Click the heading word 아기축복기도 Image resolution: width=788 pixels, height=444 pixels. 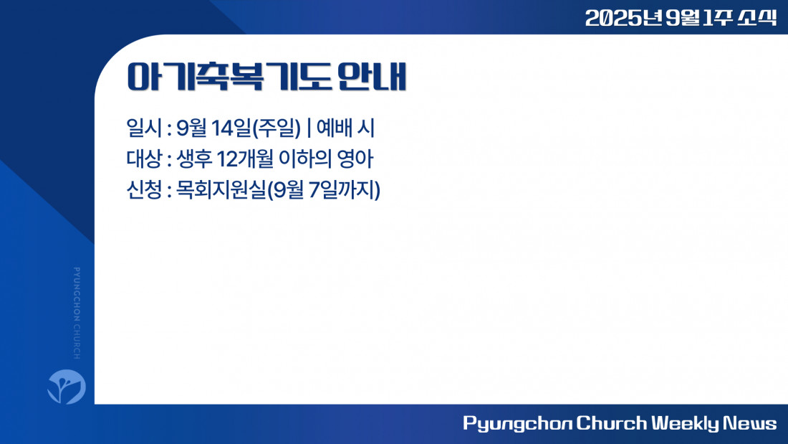229,77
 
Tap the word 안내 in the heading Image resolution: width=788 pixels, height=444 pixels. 371,77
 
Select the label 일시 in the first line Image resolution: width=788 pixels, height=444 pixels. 144,128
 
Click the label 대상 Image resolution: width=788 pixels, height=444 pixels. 144,159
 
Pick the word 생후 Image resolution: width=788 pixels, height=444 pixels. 193,159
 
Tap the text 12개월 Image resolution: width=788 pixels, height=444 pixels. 245,159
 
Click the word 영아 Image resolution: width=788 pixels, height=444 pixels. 355,159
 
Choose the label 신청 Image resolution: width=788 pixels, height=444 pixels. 144,190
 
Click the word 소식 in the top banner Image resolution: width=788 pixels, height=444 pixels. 757,18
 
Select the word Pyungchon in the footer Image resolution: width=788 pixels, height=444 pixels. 517,423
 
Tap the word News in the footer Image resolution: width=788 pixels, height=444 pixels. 750,423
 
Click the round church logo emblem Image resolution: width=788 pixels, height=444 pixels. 67,387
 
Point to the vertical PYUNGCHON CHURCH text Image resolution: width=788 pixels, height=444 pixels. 77,313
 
